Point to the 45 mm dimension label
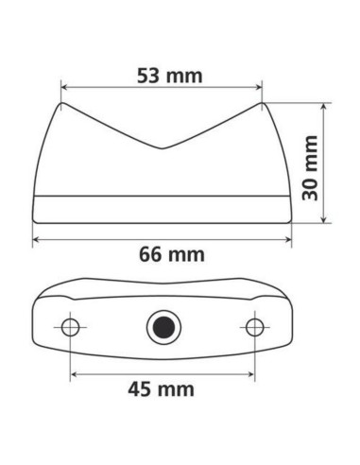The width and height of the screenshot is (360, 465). click(x=162, y=388)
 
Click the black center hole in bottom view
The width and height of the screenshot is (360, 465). click(x=162, y=328)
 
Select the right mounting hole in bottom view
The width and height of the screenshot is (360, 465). click(x=253, y=327)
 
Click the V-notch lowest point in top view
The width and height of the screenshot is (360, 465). click(x=162, y=149)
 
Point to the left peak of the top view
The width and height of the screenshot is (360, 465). click(x=61, y=104)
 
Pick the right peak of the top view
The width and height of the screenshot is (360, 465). click(x=262, y=104)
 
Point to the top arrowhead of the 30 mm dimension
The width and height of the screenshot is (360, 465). click(x=324, y=107)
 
